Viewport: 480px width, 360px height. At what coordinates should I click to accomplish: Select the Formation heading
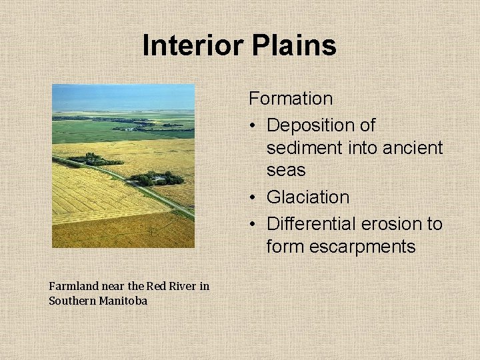pyautogui.click(x=291, y=99)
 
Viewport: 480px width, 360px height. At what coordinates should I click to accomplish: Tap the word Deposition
pyautogui.click(x=321, y=125)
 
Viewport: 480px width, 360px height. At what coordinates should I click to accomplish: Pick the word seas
pyautogui.click(x=285, y=170)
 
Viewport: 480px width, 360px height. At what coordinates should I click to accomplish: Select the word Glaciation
pyautogui.click(x=307, y=197)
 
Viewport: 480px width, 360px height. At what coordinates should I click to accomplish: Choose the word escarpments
pyautogui.click(x=341, y=247)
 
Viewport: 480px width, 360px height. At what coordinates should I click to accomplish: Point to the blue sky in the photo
pyautogui.click(x=123, y=97)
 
